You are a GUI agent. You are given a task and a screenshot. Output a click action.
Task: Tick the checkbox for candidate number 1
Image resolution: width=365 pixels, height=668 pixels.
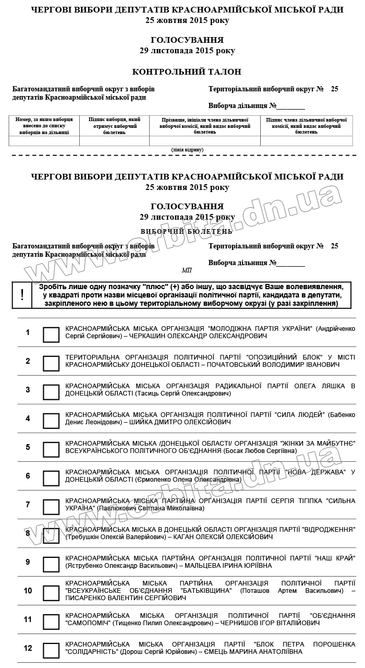click(x=51, y=335)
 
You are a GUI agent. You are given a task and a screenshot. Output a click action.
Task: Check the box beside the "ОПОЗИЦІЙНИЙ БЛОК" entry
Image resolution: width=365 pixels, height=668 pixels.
click(x=51, y=363)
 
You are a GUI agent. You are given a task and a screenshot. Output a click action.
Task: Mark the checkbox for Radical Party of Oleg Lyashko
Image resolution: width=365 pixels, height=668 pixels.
click(x=51, y=392)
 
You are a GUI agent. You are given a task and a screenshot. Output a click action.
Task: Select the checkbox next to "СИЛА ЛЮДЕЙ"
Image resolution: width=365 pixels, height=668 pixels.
click(x=51, y=421)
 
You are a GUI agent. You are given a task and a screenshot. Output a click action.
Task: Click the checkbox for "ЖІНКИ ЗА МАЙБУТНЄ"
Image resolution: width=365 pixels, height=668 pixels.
click(x=51, y=449)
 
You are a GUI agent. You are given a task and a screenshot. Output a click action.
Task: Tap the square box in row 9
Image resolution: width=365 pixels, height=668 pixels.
click(x=51, y=564)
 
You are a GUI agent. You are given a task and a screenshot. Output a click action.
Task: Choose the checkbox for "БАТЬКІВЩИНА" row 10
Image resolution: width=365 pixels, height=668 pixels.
click(x=51, y=593)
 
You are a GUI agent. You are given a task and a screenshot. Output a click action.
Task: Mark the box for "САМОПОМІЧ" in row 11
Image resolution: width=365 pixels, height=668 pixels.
click(x=51, y=622)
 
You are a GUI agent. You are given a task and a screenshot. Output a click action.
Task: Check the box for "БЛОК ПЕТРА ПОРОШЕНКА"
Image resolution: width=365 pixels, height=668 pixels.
click(x=51, y=650)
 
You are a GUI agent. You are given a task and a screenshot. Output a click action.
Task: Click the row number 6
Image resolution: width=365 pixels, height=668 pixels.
click(x=28, y=476)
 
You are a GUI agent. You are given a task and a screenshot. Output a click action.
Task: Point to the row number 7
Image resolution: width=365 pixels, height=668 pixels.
click(x=28, y=505)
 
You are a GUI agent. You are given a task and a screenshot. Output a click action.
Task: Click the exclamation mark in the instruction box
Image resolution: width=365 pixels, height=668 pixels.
click(x=22, y=295)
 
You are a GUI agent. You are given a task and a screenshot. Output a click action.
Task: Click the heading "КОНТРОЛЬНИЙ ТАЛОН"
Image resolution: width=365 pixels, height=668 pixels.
click(x=187, y=72)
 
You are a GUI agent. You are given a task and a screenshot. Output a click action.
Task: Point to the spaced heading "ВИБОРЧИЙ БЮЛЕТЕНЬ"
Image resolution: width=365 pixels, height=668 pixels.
click(x=187, y=231)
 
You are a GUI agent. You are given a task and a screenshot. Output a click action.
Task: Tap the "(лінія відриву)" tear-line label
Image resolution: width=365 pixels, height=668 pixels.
click(x=187, y=150)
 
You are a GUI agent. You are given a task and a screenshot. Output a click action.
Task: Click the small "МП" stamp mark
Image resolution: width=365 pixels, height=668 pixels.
click(x=187, y=270)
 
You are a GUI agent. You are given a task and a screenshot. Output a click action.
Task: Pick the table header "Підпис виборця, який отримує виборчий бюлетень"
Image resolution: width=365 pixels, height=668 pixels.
click(x=114, y=126)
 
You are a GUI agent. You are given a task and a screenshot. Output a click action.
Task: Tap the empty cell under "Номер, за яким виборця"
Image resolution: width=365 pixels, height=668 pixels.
click(x=44, y=141)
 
